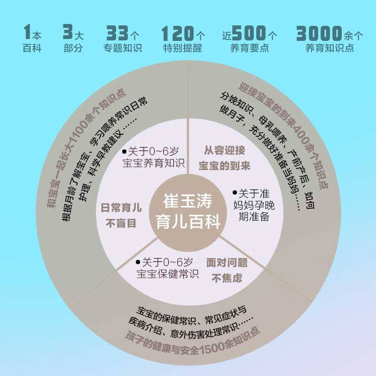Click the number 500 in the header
pyautogui.click(x=249, y=34)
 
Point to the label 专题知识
pyautogui.click(x=123, y=48)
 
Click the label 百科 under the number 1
pyautogui.click(x=32, y=48)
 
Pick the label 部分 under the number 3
pyautogui.click(x=73, y=48)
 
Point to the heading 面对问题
pyautogui.click(x=227, y=262)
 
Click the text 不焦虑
pyautogui.click(x=227, y=278)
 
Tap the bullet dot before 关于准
pyautogui.click(x=235, y=193)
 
